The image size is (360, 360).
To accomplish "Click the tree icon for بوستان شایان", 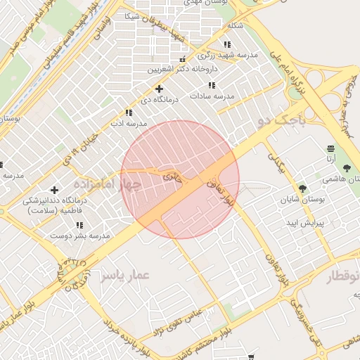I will [x=303, y=188].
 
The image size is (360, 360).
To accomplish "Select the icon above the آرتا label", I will [x=330, y=148].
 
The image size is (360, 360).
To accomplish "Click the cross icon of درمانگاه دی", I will [x=160, y=89].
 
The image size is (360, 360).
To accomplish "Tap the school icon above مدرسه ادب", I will [x=128, y=112].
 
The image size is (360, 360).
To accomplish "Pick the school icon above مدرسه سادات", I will [x=212, y=85].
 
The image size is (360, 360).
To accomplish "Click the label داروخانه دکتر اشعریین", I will [x=182, y=70].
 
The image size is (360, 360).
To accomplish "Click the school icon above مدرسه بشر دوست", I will [x=79, y=225].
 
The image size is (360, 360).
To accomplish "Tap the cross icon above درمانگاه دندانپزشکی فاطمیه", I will [x=54, y=190].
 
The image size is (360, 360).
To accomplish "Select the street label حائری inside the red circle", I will [x=172, y=176].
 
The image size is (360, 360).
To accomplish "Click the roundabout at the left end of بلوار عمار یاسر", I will [x=73, y=274].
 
